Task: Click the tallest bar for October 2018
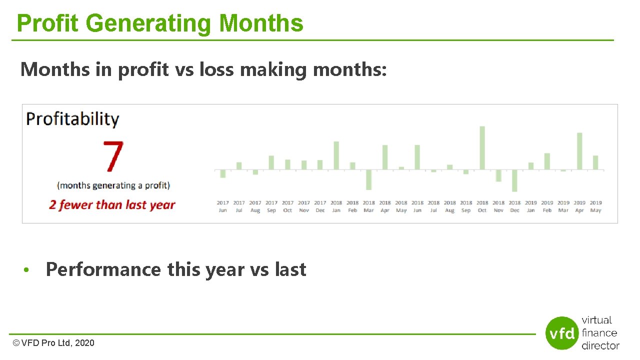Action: (x=482, y=148)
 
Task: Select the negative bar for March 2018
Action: (x=369, y=180)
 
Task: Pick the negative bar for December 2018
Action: (x=514, y=181)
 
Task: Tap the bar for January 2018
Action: (x=336, y=155)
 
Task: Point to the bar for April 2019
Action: (x=579, y=151)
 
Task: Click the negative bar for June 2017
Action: (x=223, y=174)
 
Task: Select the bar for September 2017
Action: (x=271, y=162)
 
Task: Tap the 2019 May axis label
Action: (x=595, y=206)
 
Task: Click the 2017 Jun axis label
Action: (x=223, y=206)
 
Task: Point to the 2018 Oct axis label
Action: (x=482, y=206)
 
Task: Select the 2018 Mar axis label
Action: (x=369, y=206)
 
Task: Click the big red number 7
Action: (x=113, y=156)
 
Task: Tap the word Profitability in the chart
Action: (x=73, y=119)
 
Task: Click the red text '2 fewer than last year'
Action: (x=112, y=205)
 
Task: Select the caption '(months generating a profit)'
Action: (x=113, y=185)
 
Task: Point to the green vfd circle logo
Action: (x=562, y=333)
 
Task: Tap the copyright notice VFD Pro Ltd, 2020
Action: (x=53, y=343)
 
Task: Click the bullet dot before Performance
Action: (x=31, y=270)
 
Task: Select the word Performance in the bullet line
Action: (x=103, y=269)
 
